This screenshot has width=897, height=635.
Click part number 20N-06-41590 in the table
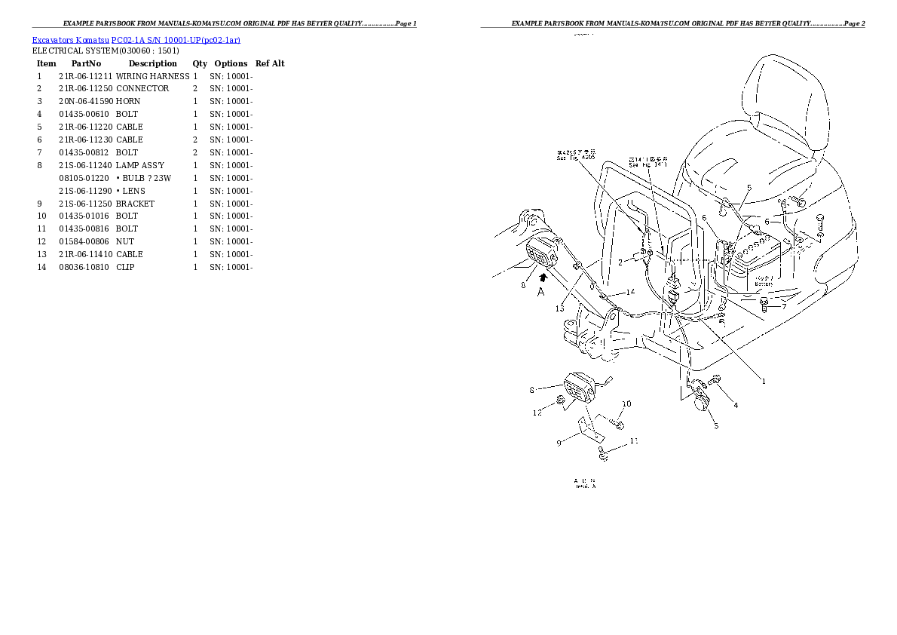coord(85,101)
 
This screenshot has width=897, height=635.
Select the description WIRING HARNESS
coord(152,76)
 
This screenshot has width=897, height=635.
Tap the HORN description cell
coord(128,101)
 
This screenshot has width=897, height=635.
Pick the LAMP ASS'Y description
coord(140,165)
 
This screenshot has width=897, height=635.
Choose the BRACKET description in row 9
coord(135,204)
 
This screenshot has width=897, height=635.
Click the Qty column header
coord(200,64)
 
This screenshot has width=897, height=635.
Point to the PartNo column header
coord(86,64)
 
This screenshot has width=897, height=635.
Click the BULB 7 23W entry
coord(143,178)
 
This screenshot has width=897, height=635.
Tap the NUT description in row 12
coord(125,241)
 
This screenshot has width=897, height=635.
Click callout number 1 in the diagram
coord(764,382)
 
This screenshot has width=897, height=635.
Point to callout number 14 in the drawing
coord(630,292)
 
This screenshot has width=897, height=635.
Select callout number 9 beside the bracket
coord(559,443)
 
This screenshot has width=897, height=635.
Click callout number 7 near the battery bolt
coord(784,306)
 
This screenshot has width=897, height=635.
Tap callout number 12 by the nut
coord(536,413)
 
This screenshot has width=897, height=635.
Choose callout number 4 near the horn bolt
coord(736,405)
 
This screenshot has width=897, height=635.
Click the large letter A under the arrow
coord(540,293)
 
